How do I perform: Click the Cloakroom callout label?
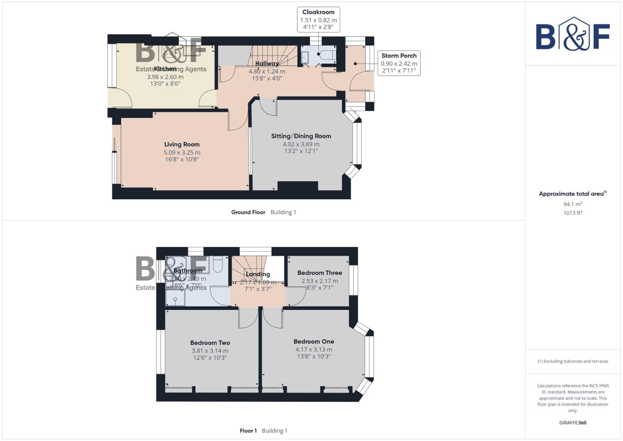318,12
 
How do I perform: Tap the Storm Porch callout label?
399,56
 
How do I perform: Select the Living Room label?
182,144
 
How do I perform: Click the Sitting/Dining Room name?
301,136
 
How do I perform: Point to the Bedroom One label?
313,341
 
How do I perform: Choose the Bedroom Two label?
210,343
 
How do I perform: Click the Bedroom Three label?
319,273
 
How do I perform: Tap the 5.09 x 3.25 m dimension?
182,152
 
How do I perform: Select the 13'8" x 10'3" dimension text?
313,356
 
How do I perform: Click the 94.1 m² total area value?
572,204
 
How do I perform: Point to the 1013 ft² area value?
572,213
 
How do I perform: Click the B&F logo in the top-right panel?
572,35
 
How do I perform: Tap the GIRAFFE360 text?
572,423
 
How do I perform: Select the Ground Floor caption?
248,212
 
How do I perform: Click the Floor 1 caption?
248,431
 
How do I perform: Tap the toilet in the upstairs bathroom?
217,264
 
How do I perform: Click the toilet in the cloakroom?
328,55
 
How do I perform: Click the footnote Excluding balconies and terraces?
572,361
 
